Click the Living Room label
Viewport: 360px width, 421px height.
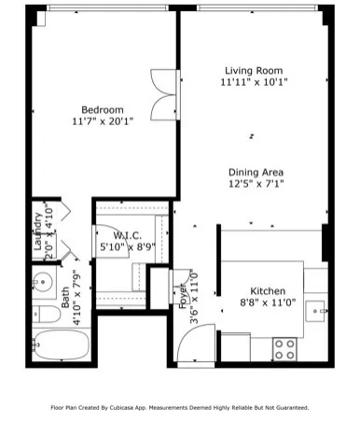(x=254, y=70)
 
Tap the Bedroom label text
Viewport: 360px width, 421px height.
(x=103, y=108)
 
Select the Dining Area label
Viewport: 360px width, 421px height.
(x=254, y=172)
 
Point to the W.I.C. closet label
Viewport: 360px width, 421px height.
(x=126, y=236)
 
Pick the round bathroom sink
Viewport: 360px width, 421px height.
(x=41, y=278)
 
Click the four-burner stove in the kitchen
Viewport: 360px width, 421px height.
(x=284, y=349)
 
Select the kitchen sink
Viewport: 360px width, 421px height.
(x=316, y=309)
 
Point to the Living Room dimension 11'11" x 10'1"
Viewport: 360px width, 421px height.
(x=254, y=82)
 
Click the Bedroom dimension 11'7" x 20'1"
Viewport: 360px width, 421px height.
(x=103, y=120)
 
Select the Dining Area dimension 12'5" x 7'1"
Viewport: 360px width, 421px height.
(x=254, y=184)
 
